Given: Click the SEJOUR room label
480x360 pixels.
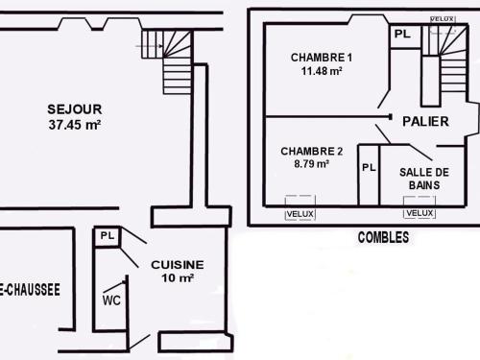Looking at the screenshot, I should (x=75, y=108).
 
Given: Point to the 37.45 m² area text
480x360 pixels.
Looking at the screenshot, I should (x=75, y=124).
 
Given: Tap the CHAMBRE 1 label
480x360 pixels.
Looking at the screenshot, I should (x=322, y=58).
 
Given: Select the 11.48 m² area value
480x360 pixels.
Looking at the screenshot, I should (x=322, y=71).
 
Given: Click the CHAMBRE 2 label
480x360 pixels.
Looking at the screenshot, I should (x=311, y=151).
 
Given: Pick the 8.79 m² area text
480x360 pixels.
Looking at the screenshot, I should (x=311, y=164).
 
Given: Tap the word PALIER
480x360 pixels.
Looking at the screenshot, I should (x=426, y=121).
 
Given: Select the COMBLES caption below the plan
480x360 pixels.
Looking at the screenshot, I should (x=382, y=237).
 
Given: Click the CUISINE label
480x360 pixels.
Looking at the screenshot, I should (x=177, y=264).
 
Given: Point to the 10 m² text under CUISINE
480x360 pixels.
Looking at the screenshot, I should (x=177, y=278).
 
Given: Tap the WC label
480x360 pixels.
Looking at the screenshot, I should (x=111, y=299).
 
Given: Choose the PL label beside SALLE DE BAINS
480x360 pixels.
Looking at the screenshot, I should (x=369, y=167).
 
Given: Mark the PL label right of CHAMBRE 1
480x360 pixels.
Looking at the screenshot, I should (x=402, y=34).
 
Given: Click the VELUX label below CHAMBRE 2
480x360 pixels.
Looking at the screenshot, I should (x=300, y=213).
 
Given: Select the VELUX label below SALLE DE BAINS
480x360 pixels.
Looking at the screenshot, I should (x=420, y=213).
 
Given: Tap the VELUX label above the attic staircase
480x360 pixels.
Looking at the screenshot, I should (x=443, y=19).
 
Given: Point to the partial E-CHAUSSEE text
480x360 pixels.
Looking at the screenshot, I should (x=31, y=288).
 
